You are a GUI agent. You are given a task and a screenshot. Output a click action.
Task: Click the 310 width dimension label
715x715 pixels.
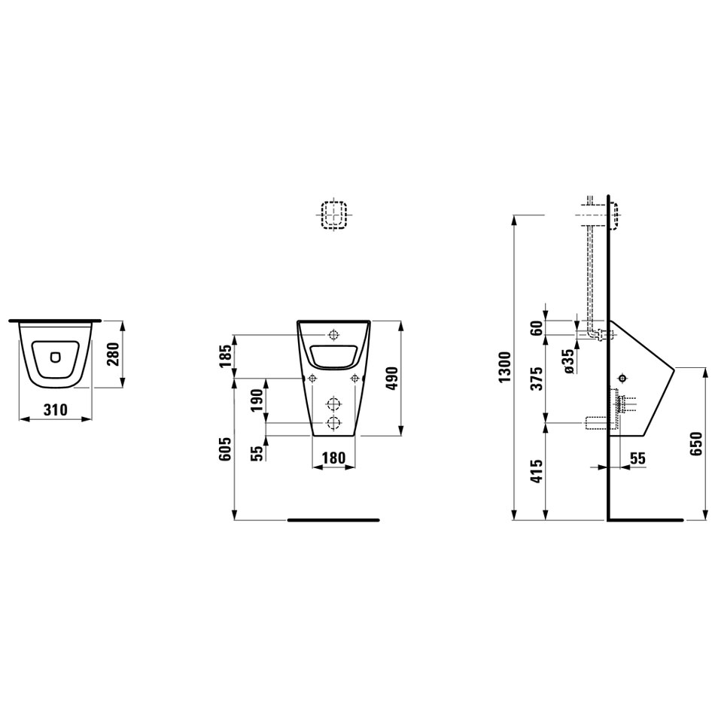coord(55,410)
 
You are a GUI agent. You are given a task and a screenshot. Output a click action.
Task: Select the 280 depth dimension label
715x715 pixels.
coord(113,354)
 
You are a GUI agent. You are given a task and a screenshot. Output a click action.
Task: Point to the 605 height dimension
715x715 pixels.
coord(225,449)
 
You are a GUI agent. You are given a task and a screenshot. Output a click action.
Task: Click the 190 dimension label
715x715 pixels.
coord(257,400)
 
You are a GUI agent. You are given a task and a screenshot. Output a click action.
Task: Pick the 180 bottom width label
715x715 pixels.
coord(333,458)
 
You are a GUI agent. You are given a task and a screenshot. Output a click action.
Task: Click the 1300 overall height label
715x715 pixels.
coord(506,367)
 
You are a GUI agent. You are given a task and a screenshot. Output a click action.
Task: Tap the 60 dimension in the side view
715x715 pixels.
coord(538,327)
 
